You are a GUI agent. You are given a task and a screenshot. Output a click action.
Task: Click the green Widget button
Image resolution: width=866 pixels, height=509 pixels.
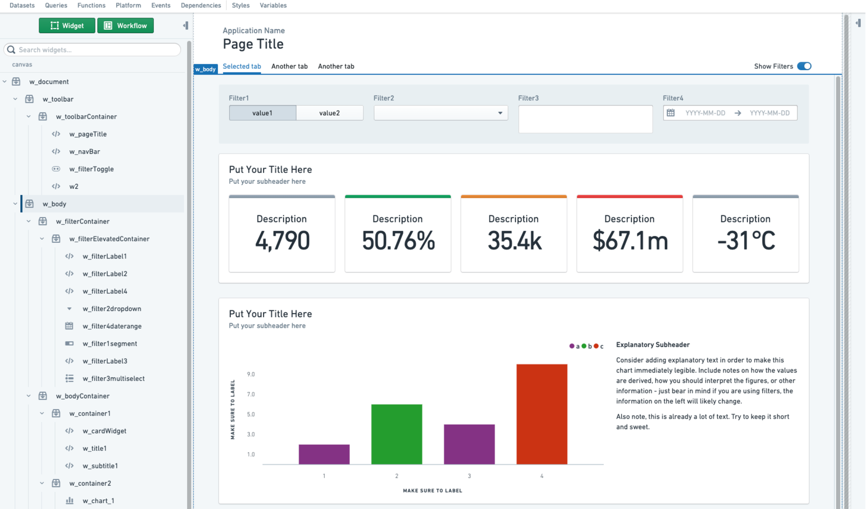[x=67, y=26]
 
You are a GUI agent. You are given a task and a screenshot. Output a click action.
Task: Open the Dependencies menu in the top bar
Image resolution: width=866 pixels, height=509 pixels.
[x=201, y=5]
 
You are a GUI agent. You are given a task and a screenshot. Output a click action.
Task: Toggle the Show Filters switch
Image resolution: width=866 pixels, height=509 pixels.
[x=804, y=66]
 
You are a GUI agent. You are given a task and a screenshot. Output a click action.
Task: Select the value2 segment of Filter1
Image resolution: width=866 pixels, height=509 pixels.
[x=330, y=113]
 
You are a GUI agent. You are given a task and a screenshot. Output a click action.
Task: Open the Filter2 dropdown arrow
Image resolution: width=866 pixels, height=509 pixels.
[x=500, y=113]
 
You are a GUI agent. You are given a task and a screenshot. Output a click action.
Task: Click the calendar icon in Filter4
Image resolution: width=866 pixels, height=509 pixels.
[x=671, y=113]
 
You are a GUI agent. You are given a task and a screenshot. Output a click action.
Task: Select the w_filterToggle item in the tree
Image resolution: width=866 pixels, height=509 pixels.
[x=91, y=169]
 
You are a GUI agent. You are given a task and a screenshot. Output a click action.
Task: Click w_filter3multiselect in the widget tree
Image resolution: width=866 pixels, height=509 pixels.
[x=114, y=378]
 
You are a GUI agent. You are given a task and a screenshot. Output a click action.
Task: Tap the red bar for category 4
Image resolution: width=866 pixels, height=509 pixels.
[x=542, y=414]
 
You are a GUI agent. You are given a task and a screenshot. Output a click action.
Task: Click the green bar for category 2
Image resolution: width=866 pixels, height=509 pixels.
[x=396, y=434]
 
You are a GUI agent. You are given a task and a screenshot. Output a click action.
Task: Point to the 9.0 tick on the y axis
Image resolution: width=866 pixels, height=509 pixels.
[x=251, y=374]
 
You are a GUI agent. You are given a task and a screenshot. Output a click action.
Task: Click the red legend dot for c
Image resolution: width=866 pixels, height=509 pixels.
[x=596, y=346]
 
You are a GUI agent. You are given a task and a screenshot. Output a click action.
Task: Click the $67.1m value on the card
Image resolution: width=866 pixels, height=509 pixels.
[x=630, y=241]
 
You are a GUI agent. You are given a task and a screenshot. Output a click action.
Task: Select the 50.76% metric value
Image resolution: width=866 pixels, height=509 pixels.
[x=398, y=241]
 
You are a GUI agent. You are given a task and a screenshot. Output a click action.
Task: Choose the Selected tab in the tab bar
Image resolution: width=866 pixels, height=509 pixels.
[x=242, y=66]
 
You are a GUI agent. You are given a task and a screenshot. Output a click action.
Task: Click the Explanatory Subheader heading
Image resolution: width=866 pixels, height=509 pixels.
[x=652, y=345]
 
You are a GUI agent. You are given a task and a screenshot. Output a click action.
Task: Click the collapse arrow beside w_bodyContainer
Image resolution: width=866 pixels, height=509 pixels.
[x=29, y=396]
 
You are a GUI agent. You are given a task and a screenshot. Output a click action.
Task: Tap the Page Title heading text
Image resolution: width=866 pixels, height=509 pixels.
[x=253, y=44]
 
